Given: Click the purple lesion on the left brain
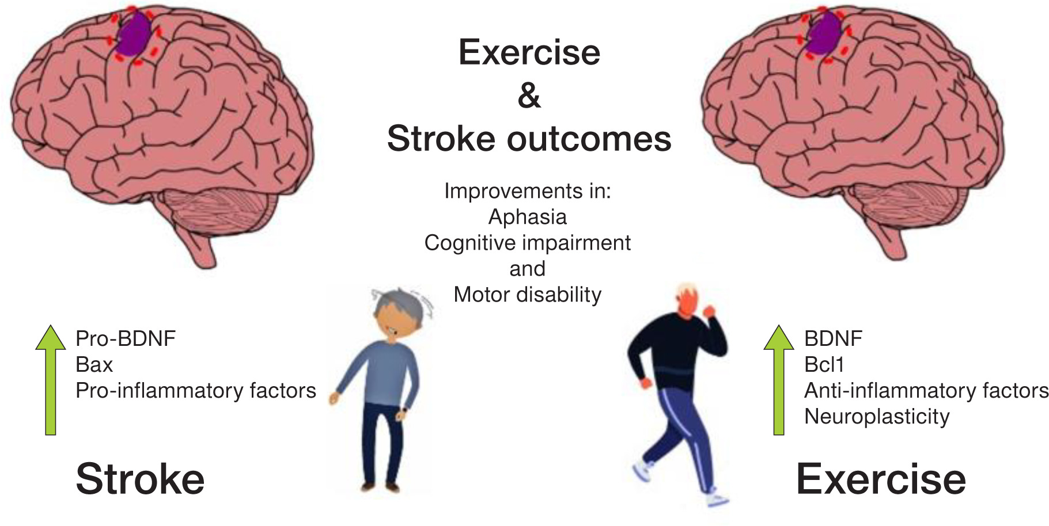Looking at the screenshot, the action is (134, 33).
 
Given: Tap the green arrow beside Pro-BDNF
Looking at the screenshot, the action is (51, 380).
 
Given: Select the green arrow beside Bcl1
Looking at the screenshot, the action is (779, 380).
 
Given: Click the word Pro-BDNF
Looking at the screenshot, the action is (126, 338).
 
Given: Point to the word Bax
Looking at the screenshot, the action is (94, 364).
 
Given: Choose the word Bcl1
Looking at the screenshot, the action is (824, 364).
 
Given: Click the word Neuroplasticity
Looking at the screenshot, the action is (877, 417).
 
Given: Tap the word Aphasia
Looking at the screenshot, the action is (528, 217).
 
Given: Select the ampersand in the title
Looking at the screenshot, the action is (529, 96).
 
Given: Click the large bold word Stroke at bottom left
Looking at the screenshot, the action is (140, 479).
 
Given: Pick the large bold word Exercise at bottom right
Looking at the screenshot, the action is (881, 479).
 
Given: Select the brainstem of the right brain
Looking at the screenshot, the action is (891, 242).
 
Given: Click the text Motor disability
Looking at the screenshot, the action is (528, 295).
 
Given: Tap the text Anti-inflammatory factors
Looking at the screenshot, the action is (926, 391).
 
